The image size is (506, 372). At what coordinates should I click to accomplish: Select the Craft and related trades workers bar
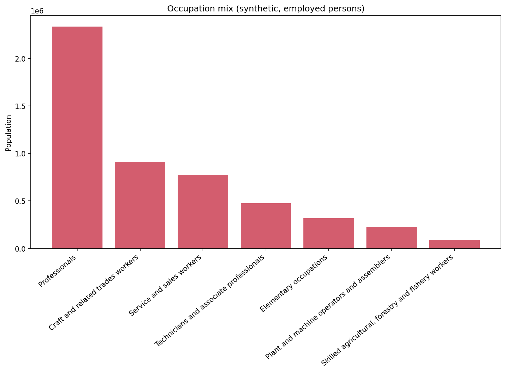tap(140, 205)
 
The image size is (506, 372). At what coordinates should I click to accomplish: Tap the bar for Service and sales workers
tap(203, 212)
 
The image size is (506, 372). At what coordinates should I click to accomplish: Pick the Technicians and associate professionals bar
tap(266, 226)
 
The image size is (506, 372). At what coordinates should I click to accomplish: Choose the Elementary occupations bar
tap(328, 233)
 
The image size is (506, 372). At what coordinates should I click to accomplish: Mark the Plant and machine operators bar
tap(391, 237)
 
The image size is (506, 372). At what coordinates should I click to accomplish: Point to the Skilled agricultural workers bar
tap(454, 244)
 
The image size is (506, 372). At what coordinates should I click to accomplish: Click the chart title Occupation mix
tap(266, 9)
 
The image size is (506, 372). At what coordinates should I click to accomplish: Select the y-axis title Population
tap(8, 133)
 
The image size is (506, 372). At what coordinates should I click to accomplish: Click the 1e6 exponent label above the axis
tap(37, 11)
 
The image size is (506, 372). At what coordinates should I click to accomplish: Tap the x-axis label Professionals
tap(57, 271)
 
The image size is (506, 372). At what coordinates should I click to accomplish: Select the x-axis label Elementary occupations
tap(294, 284)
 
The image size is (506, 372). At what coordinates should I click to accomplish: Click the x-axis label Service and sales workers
tap(166, 286)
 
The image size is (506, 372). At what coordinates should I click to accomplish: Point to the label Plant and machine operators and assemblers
tap(328, 307)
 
